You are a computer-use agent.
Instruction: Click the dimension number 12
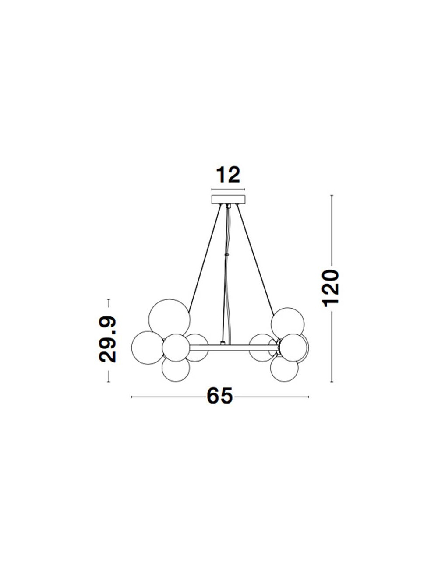pos(228,175)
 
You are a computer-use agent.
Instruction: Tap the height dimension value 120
pos(330,288)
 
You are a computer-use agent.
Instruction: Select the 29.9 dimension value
pos(107,339)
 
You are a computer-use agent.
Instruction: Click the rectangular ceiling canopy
pos(228,199)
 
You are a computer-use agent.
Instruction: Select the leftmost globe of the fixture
pos(147,348)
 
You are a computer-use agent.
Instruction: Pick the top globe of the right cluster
pos(288,323)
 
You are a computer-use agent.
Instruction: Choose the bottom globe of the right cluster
pos(284,369)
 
